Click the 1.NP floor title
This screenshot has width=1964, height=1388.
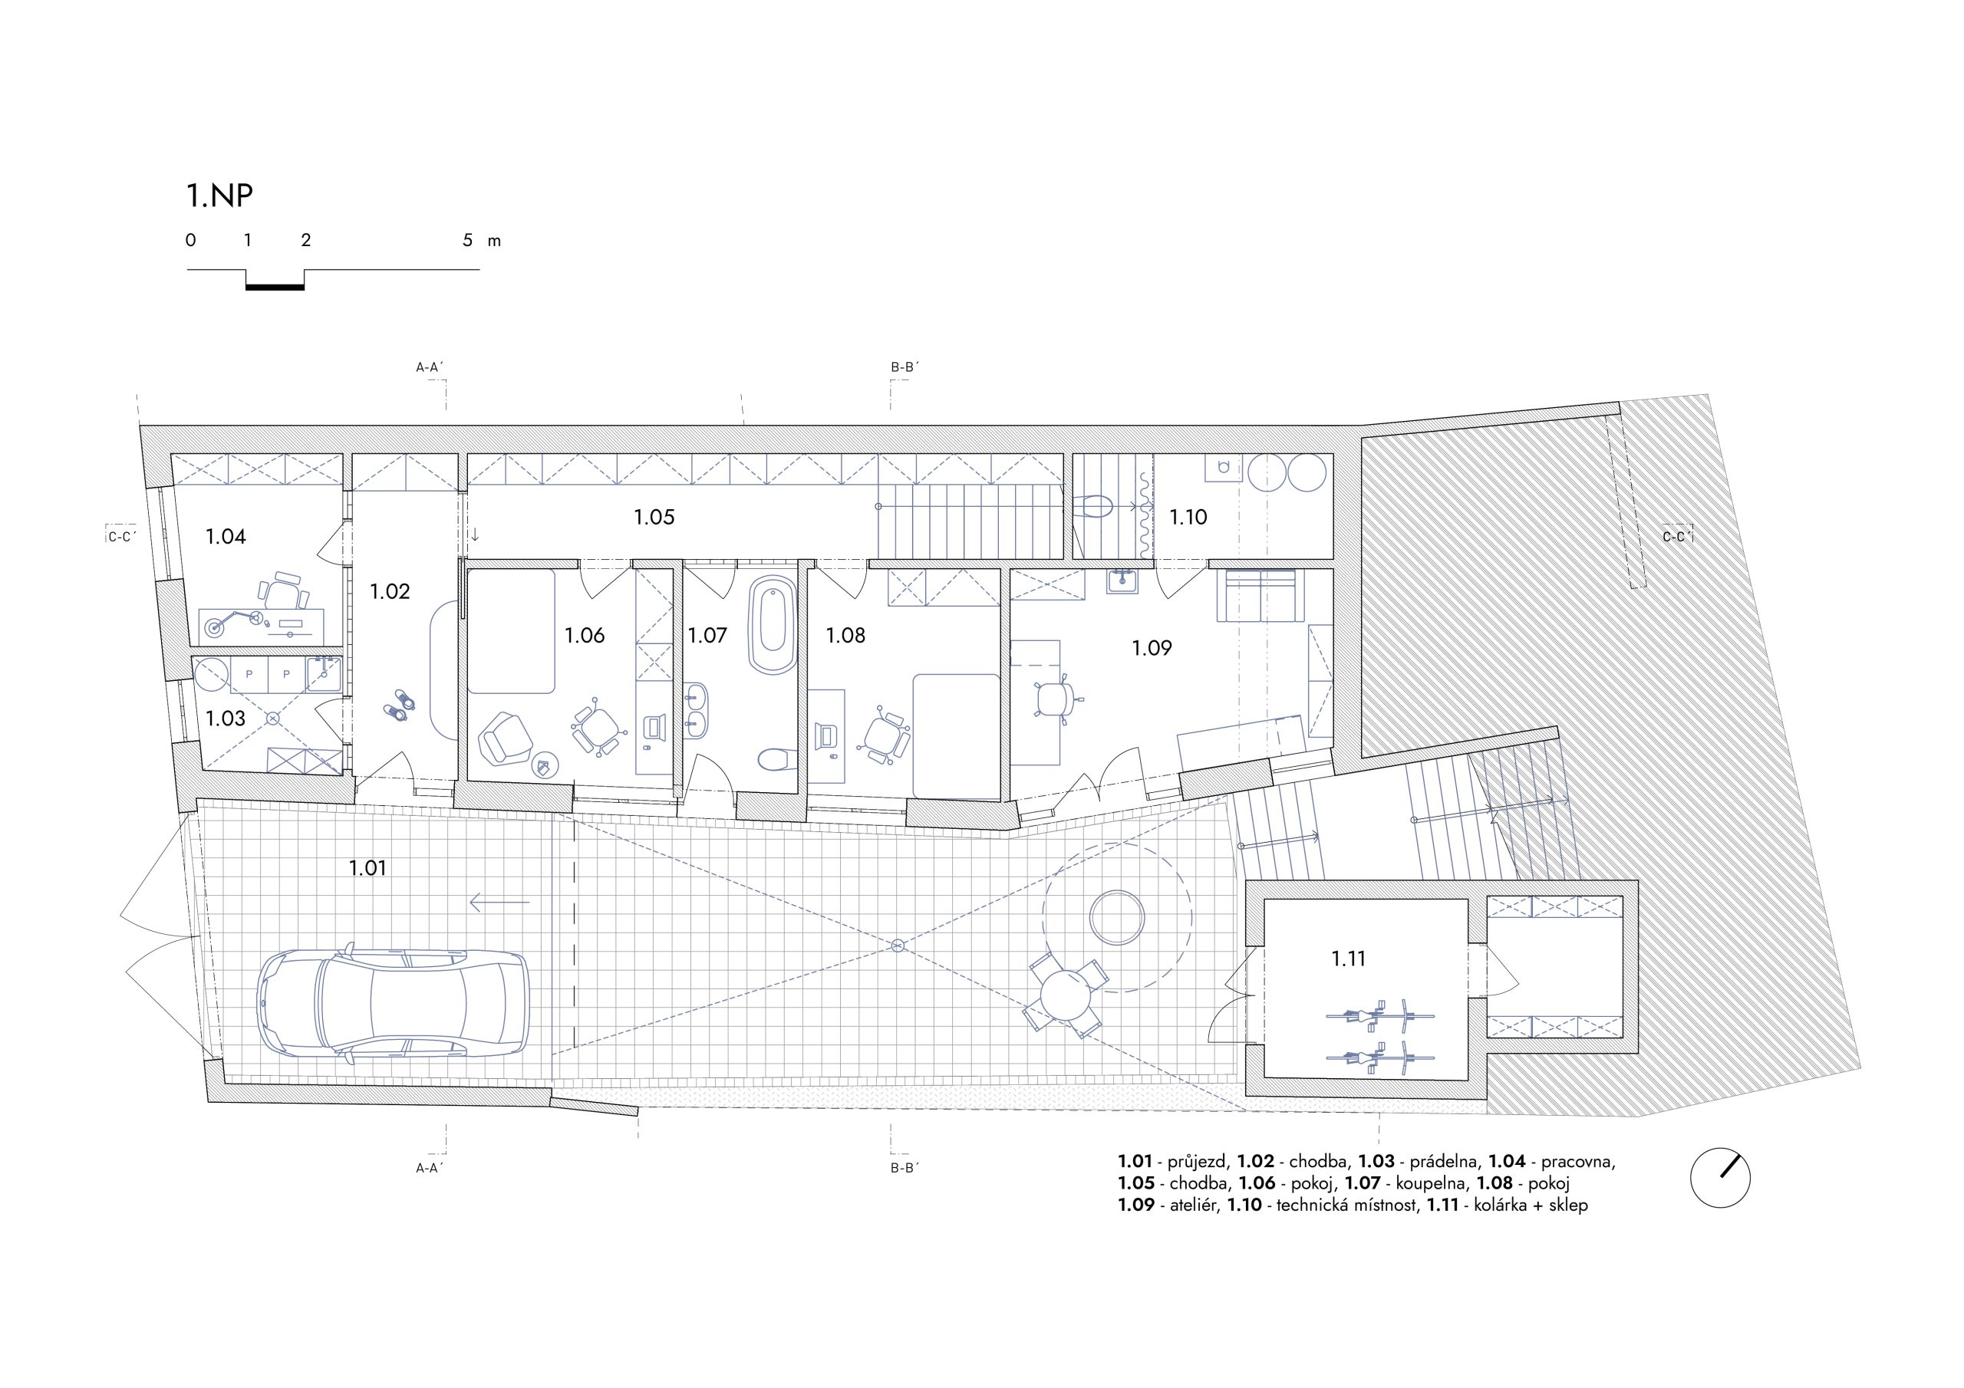(220, 196)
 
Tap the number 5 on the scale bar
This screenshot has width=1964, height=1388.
(467, 240)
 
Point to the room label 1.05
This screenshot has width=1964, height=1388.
(654, 517)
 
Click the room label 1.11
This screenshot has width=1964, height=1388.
(1348, 959)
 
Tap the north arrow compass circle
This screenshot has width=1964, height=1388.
(1720, 1178)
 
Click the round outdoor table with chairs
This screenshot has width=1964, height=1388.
(1066, 995)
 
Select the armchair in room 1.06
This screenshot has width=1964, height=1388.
(506, 739)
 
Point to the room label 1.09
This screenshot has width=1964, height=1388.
(1152, 648)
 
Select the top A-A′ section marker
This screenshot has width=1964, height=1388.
(430, 367)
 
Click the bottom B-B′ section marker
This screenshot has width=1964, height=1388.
(905, 1167)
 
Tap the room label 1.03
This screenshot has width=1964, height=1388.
(226, 719)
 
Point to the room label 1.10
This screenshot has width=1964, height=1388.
(1188, 517)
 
